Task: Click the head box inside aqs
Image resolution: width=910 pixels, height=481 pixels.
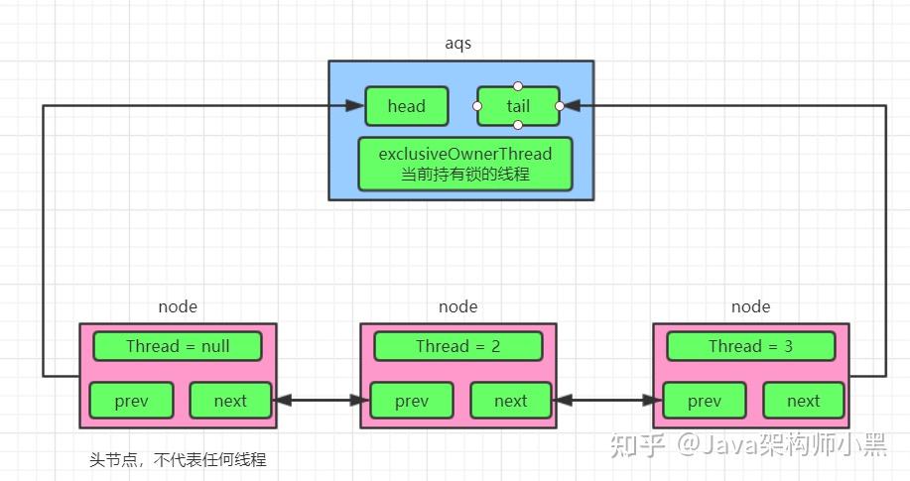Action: click(406, 106)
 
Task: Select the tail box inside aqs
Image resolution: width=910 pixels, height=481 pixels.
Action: click(518, 106)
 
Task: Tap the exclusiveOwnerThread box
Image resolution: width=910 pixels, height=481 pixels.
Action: click(465, 164)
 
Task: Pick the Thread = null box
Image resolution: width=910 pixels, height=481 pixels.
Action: click(178, 346)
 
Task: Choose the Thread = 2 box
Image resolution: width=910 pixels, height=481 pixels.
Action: click(457, 346)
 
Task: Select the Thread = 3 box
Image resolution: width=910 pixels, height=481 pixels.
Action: click(750, 346)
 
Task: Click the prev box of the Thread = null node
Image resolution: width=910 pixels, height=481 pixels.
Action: click(131, 401)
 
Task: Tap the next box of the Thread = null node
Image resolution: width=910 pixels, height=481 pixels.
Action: click(230, 401)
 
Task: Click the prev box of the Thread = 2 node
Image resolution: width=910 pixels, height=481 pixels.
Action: click(412, 401)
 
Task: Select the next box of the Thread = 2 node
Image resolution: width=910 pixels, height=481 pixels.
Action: click(511, 401)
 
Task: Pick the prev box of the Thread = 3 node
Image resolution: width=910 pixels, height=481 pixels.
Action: click(705, 401)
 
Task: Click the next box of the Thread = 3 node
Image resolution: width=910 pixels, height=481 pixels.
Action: click(804, 401)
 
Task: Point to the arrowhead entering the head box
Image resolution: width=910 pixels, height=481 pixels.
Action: click(356, 105)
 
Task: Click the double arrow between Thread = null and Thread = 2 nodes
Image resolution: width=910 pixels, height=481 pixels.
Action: click(318, 401)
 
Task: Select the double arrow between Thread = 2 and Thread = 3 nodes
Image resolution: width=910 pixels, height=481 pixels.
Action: click(609, 401)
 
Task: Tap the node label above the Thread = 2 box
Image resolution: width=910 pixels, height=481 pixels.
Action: click(457, 307)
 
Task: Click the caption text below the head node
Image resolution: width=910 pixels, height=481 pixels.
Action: click(178, 460)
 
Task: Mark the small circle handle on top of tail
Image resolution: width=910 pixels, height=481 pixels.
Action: click(518, 86)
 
